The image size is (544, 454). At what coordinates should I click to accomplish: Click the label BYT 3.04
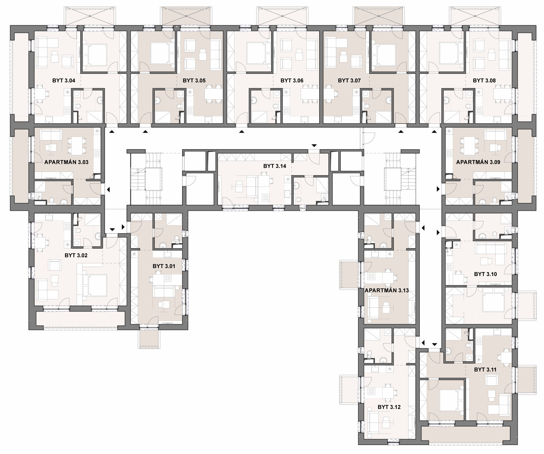(64, 81)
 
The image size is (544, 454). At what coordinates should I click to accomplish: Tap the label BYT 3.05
(194, 81)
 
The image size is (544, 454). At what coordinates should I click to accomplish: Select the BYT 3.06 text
(292, 81)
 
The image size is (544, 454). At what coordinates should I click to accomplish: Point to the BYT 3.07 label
(349, 81)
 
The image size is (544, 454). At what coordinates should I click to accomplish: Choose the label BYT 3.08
(484, 81)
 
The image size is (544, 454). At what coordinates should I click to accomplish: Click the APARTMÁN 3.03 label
(66, 162)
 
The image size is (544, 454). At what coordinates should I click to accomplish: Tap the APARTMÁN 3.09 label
(478, 162)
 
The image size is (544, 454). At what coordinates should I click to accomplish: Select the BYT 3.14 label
(275, 166)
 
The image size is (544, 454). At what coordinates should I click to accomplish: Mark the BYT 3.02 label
(76, 255)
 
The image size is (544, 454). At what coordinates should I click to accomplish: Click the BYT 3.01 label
(164, 266)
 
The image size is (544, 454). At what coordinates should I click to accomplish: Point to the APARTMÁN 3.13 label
(387, 290)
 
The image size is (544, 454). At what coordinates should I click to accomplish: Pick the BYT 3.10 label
(485, 274)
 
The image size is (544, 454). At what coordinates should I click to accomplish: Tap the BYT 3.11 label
(485, 370)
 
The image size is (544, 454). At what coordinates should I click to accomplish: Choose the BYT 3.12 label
(389, 407)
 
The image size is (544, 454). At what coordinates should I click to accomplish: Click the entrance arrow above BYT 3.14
(314, 146)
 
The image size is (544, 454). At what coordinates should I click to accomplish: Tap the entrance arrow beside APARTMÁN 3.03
(108, 189)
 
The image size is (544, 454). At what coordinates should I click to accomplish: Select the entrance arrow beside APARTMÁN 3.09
(438, 189)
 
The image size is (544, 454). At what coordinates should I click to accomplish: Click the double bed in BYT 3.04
(95, 55)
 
